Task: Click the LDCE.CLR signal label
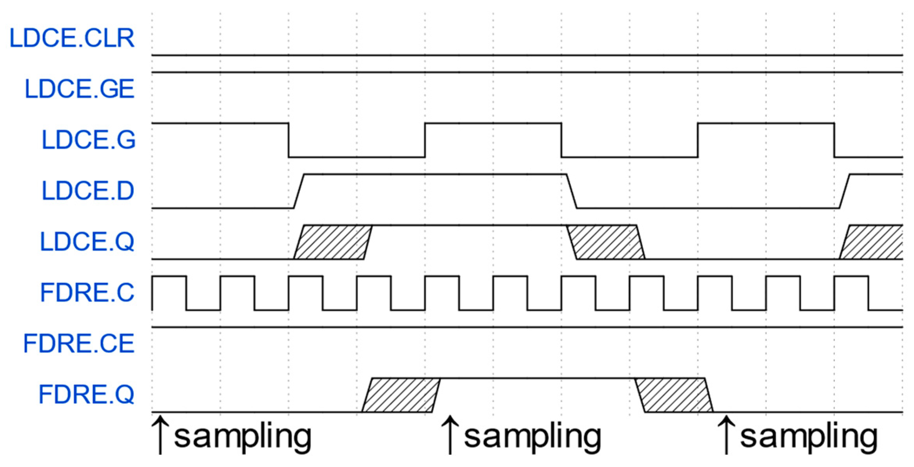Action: (72, 38)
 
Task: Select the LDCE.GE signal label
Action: (80, 89)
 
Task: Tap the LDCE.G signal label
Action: (88, 140)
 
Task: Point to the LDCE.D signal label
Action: (88, 191)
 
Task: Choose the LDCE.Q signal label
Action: (87, 241)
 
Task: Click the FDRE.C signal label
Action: (87, 293)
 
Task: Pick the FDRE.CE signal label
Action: (79, 344)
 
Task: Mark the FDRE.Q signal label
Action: (87, 395)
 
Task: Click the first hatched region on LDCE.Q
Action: (333, 242)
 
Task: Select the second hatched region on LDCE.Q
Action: (606, 242)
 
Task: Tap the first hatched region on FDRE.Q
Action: (401, 395)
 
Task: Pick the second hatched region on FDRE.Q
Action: (674, 395)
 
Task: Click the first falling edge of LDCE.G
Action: (289, 140)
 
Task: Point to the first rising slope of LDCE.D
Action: (299, 191)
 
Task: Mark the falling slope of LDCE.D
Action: (572, 191)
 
